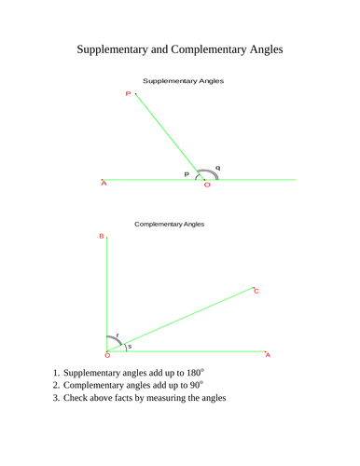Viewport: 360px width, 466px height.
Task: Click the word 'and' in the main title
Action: click(x=181, y=47)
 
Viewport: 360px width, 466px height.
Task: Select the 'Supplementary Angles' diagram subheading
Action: click(x=183, y=81)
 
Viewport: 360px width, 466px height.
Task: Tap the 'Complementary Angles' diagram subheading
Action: click(x=170, y=225)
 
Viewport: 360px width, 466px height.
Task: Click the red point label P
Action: click(x=128, y=93)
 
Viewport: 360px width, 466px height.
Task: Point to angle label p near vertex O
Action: click(x=187, y=173)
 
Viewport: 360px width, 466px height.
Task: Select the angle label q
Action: click(x=217, y=168)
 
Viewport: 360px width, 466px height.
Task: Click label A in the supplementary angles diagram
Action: click(x=104, y=184)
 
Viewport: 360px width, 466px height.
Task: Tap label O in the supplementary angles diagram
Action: click(x=207, y=185)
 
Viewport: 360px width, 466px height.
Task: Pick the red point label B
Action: click(x=102, y=237)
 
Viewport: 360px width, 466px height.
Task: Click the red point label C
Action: click(x=256, y=292)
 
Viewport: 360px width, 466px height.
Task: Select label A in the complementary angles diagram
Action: click(x=268, y=355)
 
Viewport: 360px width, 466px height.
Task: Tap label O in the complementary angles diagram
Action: click(x=107, y=355)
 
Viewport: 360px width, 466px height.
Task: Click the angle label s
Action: click(x=130, y=347)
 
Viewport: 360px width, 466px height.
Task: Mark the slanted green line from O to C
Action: click(x=187, y=319)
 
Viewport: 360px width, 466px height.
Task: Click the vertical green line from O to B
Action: click(x=108, y=294)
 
